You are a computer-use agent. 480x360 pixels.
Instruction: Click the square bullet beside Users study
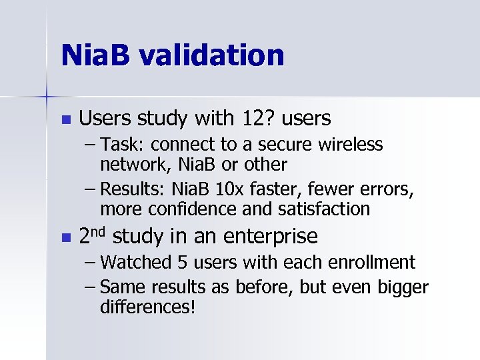pyautogui.click(x=65, y=120)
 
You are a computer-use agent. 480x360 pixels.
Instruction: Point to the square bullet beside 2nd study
pyautogui.click(x=65, y=237)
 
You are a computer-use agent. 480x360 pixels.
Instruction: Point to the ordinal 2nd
pyautogui.click(x=93, y=235)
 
